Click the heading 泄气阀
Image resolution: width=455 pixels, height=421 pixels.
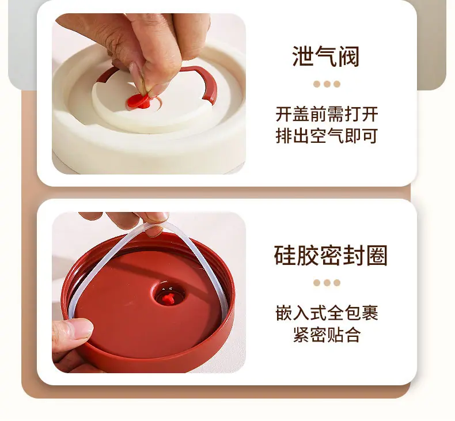(x=326, y=56)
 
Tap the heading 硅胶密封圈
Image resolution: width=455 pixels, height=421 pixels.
(x=331, y=255)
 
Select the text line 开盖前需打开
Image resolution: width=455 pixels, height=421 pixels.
(x=327, y=114)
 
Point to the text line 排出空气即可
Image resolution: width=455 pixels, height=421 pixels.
(x=327, y=136)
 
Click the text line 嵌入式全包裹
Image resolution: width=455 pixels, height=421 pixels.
(x=327, y=313)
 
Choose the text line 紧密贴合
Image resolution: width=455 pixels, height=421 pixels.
(x=327, y=335)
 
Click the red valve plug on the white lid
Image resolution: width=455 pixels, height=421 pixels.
(x=139, y=101)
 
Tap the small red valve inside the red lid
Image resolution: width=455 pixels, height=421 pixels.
(x=168, y=298)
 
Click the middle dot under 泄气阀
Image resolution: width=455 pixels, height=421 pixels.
(x=327, y=84)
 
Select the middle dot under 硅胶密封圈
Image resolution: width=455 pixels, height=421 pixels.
(x=327, y=283)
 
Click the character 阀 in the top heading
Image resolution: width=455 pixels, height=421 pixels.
(x=349, y=56)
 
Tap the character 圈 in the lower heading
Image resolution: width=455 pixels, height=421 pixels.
(x=377, y=255)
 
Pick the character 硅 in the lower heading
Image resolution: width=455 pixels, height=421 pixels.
(x=285, y=255)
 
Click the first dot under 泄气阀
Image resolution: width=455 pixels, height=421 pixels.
(x=317, y=84)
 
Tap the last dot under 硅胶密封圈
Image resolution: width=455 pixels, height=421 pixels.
(x=337, y=283)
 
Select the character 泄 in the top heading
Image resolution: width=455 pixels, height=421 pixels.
(x=303, y=56)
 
